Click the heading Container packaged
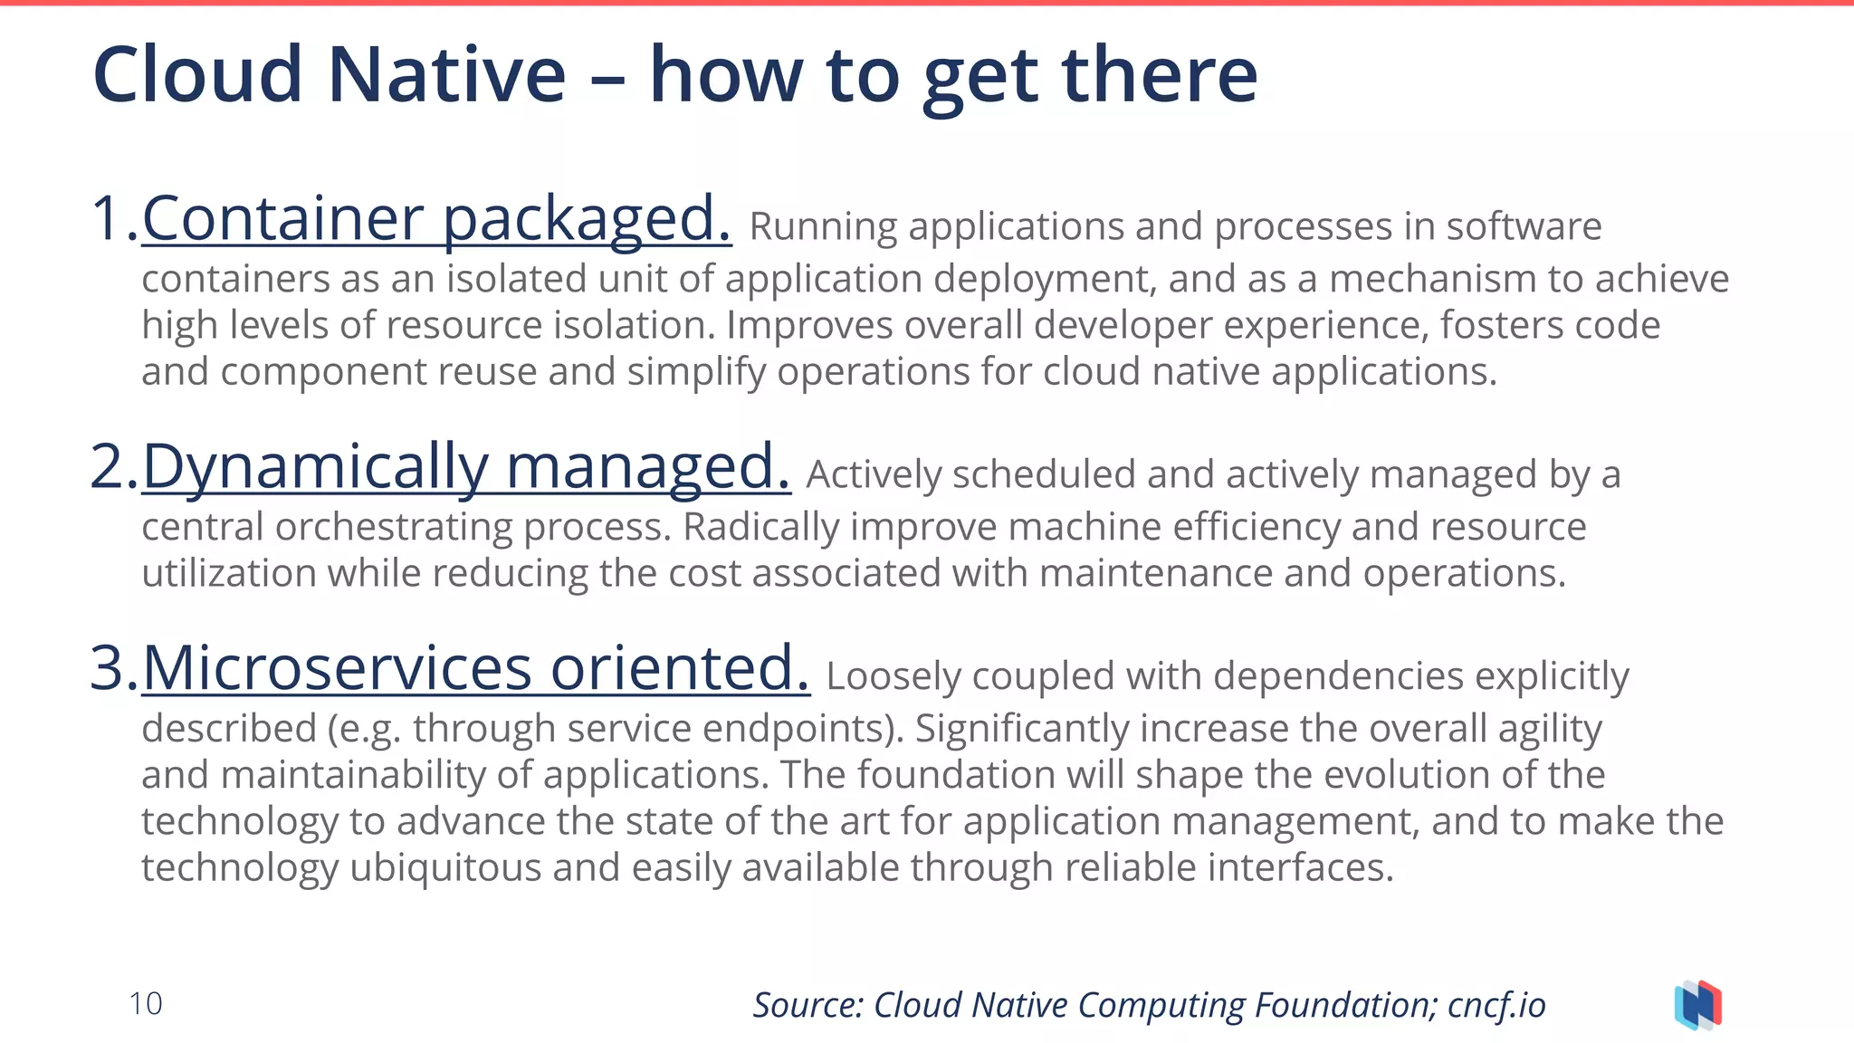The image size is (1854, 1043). (436, 218)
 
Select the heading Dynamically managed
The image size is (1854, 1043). (466, 466)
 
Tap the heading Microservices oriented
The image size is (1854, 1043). (475, 668)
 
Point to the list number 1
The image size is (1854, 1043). (112, 218)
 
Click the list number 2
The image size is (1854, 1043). (112, 466)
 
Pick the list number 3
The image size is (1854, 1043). (112, 668)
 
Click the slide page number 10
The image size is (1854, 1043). (146, 1003)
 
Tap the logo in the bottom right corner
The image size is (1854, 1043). (1697, 1005)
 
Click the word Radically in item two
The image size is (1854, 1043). (761, 527)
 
